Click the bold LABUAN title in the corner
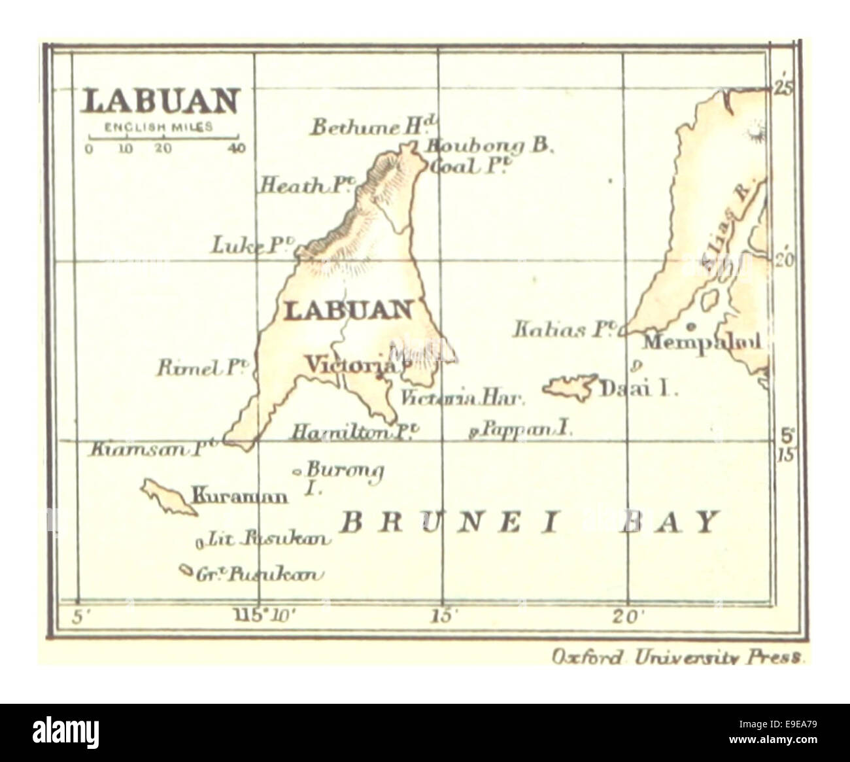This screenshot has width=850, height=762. pyautogui.click(x=161, y=102)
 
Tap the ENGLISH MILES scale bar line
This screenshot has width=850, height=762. pyautogui.click(x=163, y=137)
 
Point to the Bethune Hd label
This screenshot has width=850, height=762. pyautogui.click(x=373, y=127)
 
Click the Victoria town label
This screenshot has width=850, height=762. pyautogui.click(x=352, y=364)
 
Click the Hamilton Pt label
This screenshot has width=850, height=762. pyautogui.click(x=354, y=432)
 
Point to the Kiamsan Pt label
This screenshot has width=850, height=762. pyautogui.click(x=153, y=449)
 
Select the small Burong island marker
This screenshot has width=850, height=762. pyautogui.click(x=297, y=471)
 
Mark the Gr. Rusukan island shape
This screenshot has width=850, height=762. pyautogui.click(x=186, y=571)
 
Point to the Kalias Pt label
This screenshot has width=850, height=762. pyautogui.click(x=566, y=329)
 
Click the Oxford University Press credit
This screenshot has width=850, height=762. pyautogui.click(x=677, y=657)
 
